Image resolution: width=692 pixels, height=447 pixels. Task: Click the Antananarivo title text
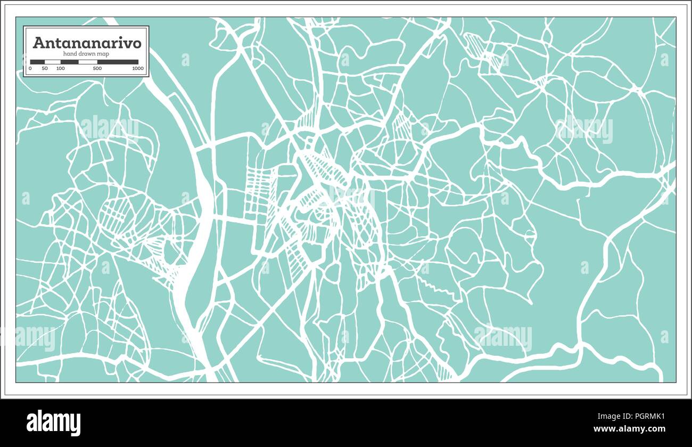(87, 43)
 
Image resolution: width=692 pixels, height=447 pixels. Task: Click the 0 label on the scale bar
(30, 69)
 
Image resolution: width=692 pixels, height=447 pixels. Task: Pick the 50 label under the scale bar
(45, 69)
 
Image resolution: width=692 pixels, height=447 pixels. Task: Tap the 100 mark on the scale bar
(61, 69)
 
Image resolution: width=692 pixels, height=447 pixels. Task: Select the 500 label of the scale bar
(97, 69)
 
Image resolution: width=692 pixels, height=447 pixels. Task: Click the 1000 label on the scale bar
(138, 69)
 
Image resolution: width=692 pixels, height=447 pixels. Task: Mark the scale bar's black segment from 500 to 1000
(118, 62)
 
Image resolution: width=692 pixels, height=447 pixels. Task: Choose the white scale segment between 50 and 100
(52, 62)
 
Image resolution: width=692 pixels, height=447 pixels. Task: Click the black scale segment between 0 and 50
(37, 62)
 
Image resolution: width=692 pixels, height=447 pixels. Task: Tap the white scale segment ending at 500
(87, 62)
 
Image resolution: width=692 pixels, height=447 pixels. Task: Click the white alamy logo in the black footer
(53, 422)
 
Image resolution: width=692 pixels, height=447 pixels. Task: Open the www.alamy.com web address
(629, 429)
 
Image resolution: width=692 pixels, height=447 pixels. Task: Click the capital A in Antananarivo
(38, 43)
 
